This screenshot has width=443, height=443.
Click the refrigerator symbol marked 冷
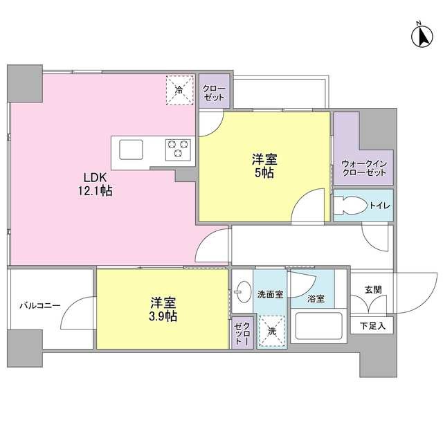179,90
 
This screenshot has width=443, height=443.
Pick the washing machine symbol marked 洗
272,331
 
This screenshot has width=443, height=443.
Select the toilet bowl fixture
350,206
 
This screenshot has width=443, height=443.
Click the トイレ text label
380,206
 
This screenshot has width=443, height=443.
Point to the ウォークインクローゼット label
363,168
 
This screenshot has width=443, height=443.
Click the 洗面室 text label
270,294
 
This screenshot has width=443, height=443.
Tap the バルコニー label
39,305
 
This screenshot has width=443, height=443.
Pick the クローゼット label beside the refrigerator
213,93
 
